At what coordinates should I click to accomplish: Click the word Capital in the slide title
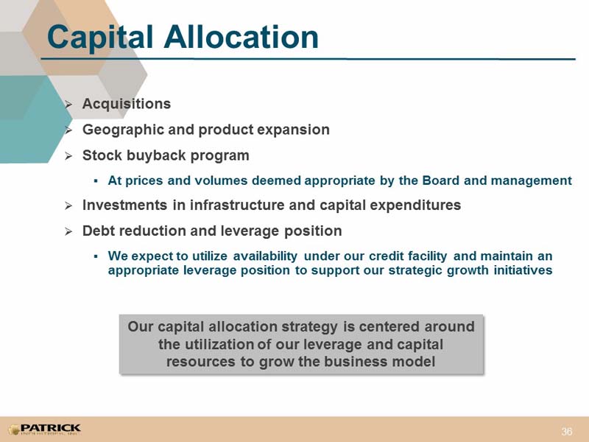(x=100, y=38)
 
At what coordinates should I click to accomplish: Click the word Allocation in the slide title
(x=241, y=37)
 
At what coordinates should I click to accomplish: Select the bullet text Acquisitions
(x=127, y=104)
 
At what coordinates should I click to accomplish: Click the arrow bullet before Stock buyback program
(x=68, y=156)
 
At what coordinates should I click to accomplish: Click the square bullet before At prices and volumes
(x=96, y=181)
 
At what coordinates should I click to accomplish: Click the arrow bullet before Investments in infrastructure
(x=68, y=206)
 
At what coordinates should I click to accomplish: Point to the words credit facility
(x=408, y=256)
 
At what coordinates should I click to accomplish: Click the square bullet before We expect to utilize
(x=96, y=256)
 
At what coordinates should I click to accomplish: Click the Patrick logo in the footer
(x=44, y=429)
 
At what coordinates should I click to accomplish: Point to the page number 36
(x=567, y=431)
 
